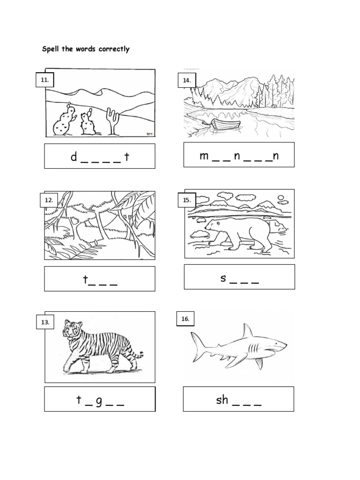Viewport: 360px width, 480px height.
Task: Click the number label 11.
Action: pos(45,80)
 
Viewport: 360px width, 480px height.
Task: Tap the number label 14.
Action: pos(187,80)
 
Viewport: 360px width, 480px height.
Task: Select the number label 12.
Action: pos(49,200)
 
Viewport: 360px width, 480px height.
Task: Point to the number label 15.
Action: pos(187,200)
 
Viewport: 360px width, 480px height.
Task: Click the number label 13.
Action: pos(45,322)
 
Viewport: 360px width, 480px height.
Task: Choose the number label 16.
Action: pos(185,319)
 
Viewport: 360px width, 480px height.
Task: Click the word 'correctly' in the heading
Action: pos(114,49)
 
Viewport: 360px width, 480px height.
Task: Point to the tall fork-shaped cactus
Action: pos(112,121)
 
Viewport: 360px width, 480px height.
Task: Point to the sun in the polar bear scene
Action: pos(280,198)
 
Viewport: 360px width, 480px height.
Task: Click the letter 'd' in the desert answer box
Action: pos(74,157)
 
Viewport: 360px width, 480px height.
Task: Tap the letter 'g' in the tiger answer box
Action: pos(98,401)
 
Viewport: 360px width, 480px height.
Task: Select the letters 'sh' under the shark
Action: pos(222,399)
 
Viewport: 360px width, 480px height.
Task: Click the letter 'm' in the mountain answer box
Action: pos(204,156)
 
